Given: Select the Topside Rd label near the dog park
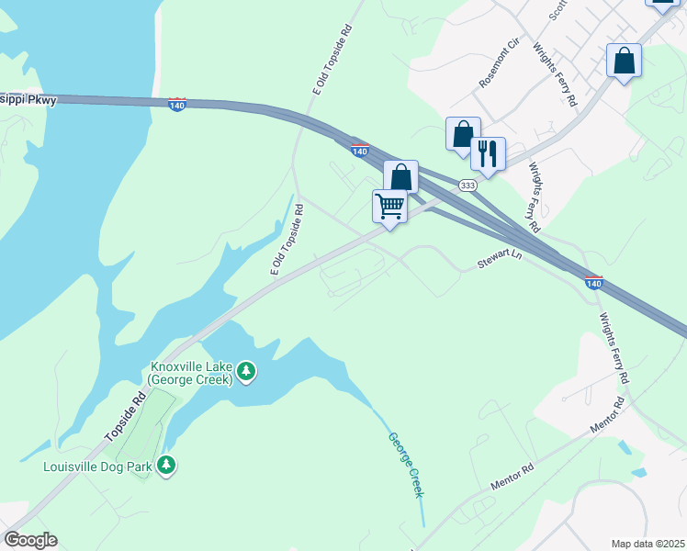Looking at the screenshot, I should (x=126, y=417).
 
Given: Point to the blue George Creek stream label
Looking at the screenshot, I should (x=405, y=465).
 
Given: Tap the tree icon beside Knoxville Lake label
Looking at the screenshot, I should (x=246, y=372).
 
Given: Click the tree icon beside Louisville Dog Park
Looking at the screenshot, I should (x=166, y=466).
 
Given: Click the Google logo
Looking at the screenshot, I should (x=30, y=540).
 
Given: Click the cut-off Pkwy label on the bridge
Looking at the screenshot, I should (x=28, y=99).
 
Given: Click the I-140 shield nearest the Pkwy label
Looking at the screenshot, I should (x=177, y=105).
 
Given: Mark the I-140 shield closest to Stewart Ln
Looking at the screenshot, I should (x=593, y=283).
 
